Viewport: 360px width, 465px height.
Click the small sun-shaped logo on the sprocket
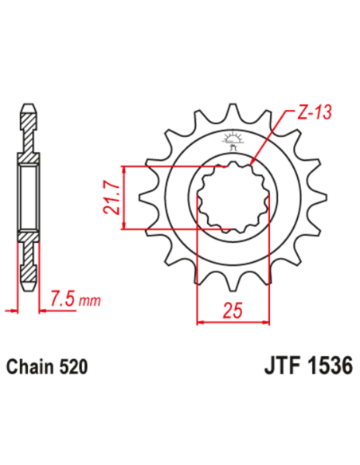click(233, 138)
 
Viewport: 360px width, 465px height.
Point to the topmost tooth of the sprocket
click(233, 111)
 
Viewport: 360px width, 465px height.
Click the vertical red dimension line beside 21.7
click(123, 198)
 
